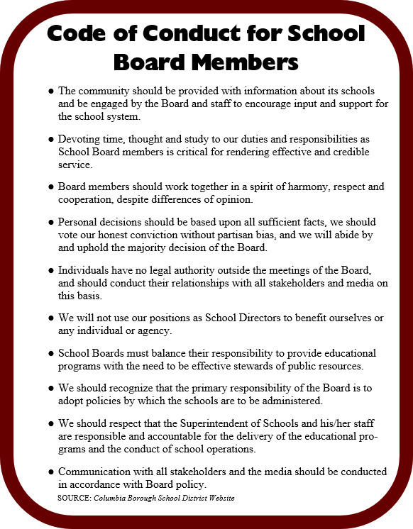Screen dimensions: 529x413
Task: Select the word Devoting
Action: tap(80, 139)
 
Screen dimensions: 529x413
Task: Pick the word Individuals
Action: tap(86, 271)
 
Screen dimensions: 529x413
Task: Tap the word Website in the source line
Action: tap(219, 499)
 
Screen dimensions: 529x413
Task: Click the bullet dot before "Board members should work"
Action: tap(51, 187)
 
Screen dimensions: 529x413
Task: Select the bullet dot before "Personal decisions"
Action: tap(51, 223)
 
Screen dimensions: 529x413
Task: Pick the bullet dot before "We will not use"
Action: tap(51, 318)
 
